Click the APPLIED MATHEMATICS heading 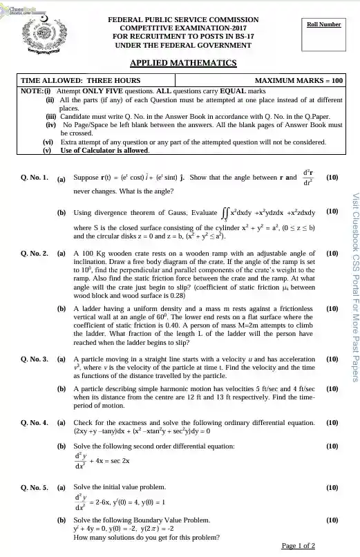click(183, 64)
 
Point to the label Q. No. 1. click(35, 177)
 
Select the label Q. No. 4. click(35, 421)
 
